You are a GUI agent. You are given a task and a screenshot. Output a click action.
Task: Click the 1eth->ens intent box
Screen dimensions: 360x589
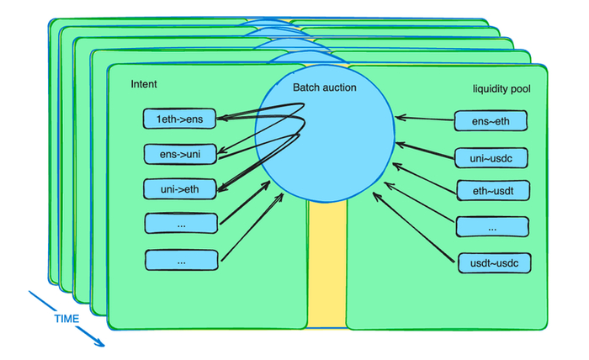click(x=178, y=119)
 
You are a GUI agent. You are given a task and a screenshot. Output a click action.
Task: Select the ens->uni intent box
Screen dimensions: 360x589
click(x=178, y=154)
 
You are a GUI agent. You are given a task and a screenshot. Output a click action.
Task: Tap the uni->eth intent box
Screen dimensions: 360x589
click(x=178, y=188)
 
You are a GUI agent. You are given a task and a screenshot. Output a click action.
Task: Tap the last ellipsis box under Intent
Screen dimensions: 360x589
click(x=180, y=260)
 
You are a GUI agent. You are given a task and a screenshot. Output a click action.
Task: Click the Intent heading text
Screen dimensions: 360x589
click(x=144, y=85)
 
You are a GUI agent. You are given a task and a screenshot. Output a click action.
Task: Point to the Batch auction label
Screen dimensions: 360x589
click(x=325, y=87)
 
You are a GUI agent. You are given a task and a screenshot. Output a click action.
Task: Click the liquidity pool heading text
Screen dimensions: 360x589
click(x=501, y=87)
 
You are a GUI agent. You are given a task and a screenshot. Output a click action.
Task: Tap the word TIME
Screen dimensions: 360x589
click(x=67, y=319)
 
